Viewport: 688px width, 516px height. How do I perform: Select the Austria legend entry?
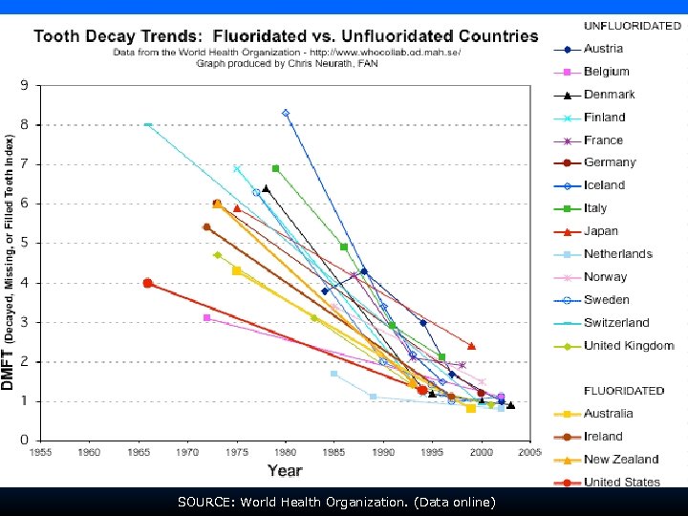[x=603, y=49]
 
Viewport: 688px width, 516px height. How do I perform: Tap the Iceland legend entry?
[x=604, y=185]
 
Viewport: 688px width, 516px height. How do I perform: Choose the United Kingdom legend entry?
[x=628, y=346]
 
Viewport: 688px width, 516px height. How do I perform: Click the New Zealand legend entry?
[x=621, y=460]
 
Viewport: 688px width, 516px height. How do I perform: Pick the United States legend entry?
[x=622, y=483]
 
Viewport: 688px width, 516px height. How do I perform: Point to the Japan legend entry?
[x=601, y=231]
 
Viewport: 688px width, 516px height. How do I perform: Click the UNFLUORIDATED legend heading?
[x=632, y=26]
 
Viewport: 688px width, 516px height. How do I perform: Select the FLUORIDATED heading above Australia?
[x=624, y=391]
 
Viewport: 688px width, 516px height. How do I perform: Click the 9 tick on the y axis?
[x=24, y=85]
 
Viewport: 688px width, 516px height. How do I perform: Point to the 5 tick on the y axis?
[x=24, y=243]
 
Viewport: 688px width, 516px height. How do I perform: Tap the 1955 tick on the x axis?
[x=40, y=452]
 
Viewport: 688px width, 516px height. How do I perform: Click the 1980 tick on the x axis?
[x=285, y=452]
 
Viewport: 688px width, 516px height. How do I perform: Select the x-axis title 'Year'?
[x=285, y=470]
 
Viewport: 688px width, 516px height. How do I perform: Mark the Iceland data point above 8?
[x=286, y=113]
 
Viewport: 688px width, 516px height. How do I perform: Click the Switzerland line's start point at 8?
[x=147, y=124]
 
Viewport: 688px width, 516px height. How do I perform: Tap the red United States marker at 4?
[x=147, y=283]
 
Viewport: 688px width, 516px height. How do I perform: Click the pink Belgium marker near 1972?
[x=206, y=317]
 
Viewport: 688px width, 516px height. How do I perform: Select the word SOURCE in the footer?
[x=204, y=501]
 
